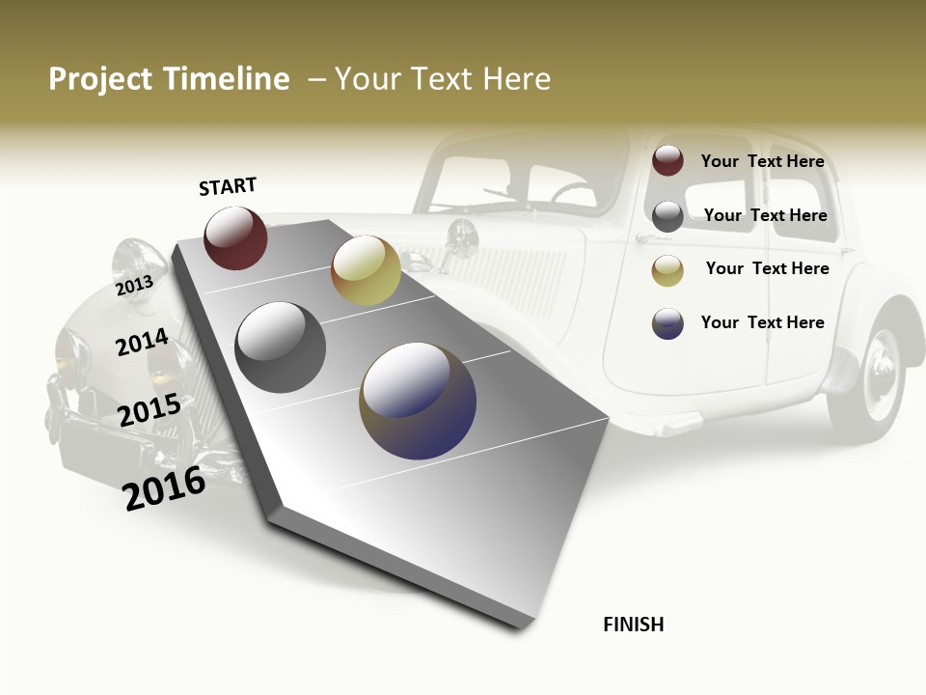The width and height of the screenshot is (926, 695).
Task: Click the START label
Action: [x=228, y=185]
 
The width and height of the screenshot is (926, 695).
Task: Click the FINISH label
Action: [x=634, y=625]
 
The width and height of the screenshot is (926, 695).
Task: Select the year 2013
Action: [x=134, y=286]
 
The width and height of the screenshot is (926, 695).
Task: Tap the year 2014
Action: [x=142, y=342]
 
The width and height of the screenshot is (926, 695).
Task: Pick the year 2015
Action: [x=150, y=410]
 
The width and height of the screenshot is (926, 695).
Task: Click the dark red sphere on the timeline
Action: [x=235, y=237]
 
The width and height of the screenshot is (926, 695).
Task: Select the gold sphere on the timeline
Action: [x=366, y=270]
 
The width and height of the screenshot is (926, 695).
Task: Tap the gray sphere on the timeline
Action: [x=281, y=347]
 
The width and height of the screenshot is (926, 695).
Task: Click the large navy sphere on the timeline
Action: [x=418, y=401]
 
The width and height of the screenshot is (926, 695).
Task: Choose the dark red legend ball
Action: [x=667, y=160]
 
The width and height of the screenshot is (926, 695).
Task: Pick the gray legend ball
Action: [x=667, y=216]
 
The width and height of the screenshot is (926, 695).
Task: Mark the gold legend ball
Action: [x=667, y=270]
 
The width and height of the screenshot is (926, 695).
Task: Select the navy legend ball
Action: [x=667, y=323]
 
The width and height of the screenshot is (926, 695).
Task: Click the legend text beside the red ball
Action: [x=762, y=161]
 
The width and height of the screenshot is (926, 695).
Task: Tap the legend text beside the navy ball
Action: [x=762, y=322]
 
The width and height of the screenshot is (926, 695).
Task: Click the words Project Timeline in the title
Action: [x=169, y=79]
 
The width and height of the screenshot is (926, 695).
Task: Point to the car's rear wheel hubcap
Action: [x=880, y=373]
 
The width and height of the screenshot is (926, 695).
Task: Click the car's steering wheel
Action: [x=573, y=193]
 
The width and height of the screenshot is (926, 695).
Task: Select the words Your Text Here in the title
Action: [x=443, y=79]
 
